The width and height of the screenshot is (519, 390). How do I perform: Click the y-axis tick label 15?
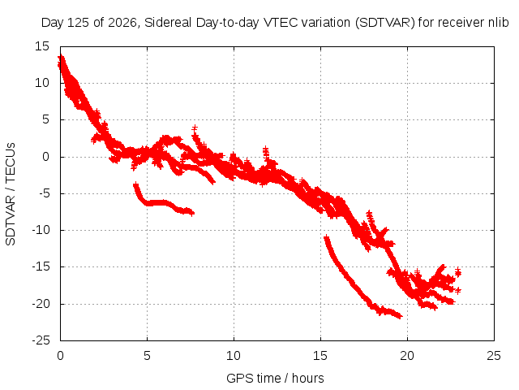pos(42,46)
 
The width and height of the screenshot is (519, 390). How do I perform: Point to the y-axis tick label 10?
pos(42,83)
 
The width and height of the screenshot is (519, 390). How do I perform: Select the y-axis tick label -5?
pos(41,193)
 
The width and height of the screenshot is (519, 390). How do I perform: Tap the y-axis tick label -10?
pos(41,230)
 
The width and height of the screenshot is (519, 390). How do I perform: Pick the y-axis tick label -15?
pos(41,266)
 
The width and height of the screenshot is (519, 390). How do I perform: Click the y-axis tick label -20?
pos(41,303)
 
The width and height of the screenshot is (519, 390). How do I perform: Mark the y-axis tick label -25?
pos(41,340)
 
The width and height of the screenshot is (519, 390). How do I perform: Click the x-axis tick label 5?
pos(147,356)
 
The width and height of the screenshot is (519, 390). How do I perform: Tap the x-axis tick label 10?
pos(234,356)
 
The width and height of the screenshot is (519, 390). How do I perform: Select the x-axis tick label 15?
pos(320,356)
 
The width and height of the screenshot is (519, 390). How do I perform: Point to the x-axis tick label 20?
pos(407,356)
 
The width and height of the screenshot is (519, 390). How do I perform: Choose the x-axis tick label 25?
pos(494,356)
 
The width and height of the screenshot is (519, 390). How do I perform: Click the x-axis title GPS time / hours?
pos(275,379)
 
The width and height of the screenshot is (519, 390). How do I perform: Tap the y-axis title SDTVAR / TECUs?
pos(11,194)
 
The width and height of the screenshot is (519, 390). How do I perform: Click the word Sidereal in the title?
pos(168,23)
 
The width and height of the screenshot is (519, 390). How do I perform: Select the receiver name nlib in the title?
pos(499,23)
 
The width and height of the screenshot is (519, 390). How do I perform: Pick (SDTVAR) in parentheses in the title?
pos(385,23)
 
